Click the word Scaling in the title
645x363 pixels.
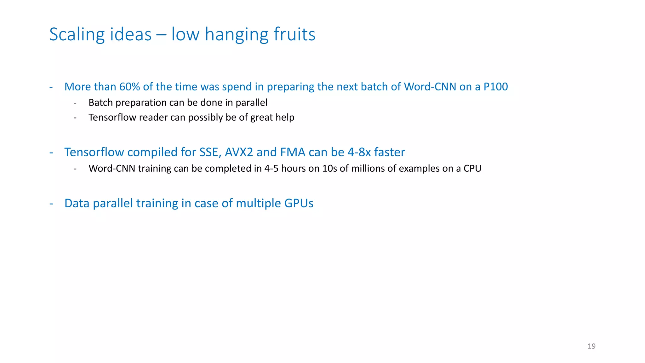click(x=77, y=34)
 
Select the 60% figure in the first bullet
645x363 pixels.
click(x=129, y=87)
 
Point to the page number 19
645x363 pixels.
click(x=591, y=346)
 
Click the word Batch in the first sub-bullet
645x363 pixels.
click(x=100, y=103)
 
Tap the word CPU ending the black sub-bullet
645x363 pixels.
click(x=472, y=169)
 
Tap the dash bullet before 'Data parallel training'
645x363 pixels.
click(x=51, y=204)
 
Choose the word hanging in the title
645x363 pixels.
click(x=237, y=34)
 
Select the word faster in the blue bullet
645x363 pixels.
click(x=390, y=152)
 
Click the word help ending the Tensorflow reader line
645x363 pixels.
click(x=285, y=118)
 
